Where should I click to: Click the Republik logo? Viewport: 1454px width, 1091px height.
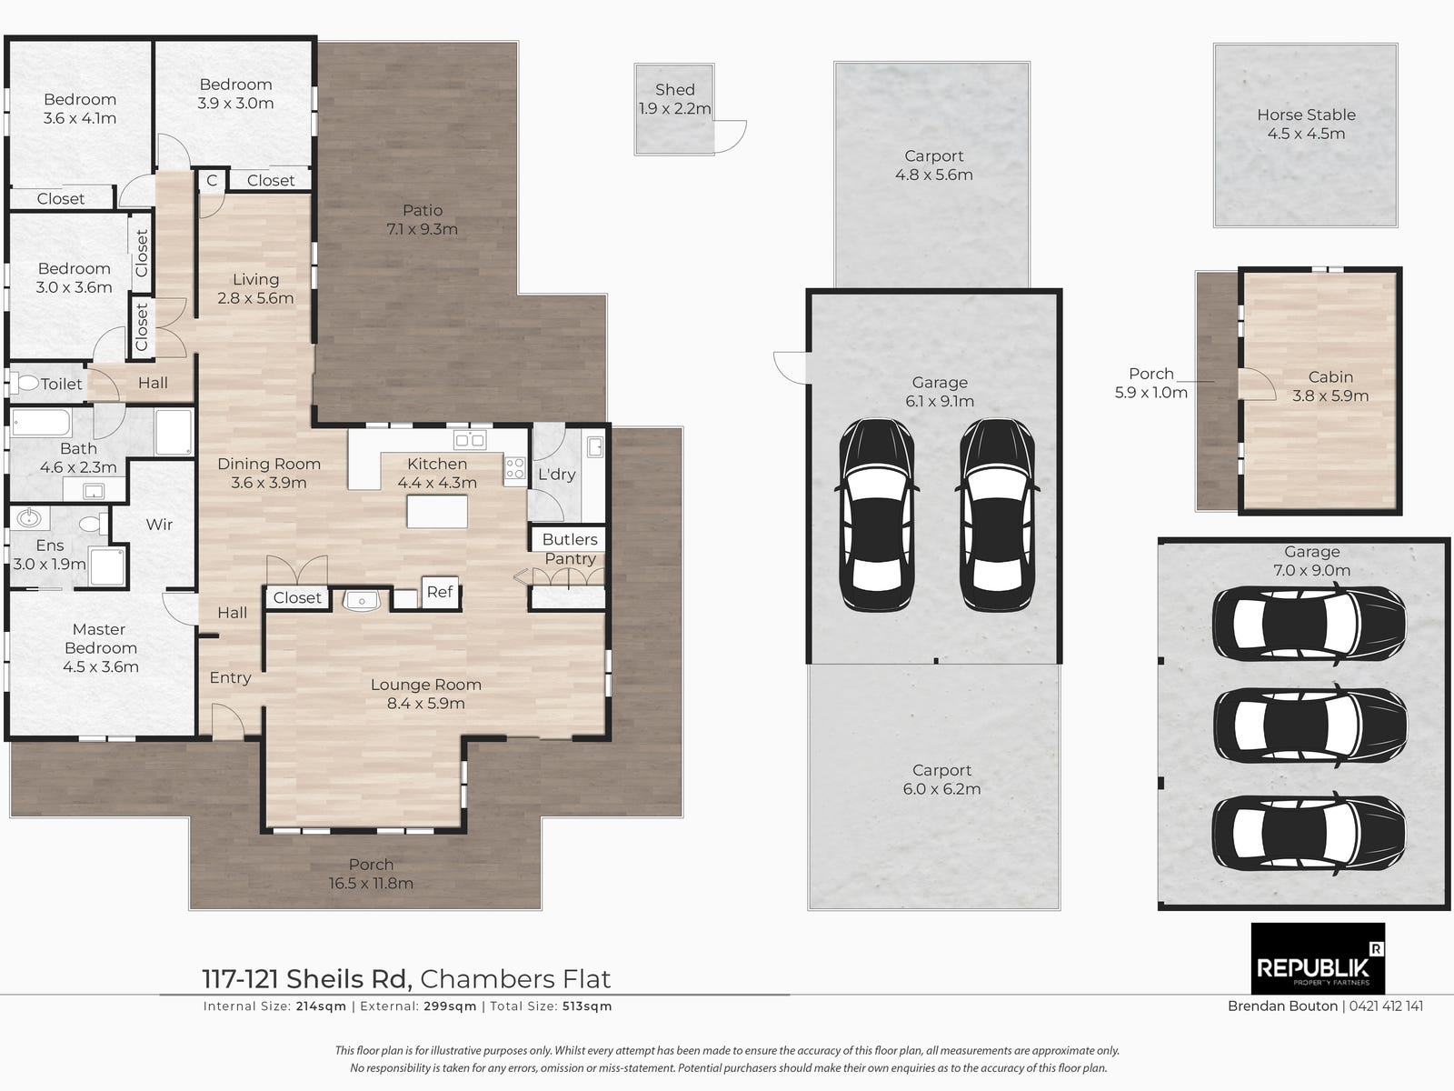tap(1318, 958)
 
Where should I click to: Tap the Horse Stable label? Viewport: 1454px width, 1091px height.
tap(1306, 115)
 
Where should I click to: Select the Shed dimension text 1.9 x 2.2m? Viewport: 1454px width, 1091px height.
tap(675, 108)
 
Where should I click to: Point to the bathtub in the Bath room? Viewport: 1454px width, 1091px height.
tap(41, 423)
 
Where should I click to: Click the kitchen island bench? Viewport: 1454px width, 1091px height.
tap(437, 511)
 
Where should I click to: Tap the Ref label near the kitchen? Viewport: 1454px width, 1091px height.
tap(440, 592)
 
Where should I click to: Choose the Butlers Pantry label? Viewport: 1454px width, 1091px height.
tap(570, 549)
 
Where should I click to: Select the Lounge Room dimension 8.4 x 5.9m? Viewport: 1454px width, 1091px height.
tap(426, 704)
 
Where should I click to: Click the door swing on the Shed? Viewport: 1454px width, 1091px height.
tap(731, 136)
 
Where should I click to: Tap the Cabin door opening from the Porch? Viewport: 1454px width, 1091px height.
tap(1258, 385)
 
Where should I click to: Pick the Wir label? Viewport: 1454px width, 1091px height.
tap(159, 525)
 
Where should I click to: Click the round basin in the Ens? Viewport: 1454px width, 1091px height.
tap(29, 517)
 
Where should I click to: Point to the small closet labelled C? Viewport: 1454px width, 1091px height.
tap(212, 180)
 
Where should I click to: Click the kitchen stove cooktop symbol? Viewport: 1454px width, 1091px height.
tap(514, 468)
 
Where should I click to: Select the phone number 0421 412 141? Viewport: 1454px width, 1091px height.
tap(1386, 1006)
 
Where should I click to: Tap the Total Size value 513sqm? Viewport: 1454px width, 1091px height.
tap(587, 1006)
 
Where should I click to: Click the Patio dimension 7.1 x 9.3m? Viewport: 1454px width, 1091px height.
tap(422, 229)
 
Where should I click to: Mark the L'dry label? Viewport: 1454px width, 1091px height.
tap(556, 475)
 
